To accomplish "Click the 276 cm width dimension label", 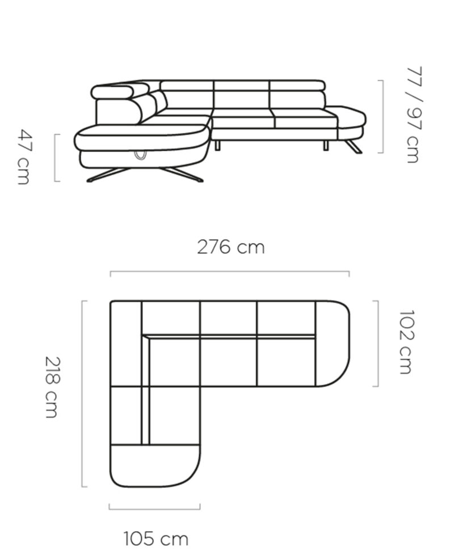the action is (231, 247).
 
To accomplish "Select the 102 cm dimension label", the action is (406, 342).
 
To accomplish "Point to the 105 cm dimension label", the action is (156, 539).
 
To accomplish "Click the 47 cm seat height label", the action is (24, 157).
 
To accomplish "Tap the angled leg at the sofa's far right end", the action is (354, 146).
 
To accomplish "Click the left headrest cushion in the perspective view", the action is (112, 92).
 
